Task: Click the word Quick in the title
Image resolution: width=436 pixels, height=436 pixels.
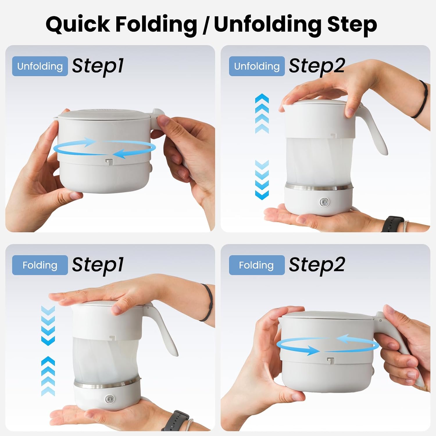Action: tap(78, 24)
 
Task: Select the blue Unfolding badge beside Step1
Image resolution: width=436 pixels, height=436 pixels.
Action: tap(40, 66)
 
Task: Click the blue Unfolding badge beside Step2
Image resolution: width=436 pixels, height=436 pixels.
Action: tap(257, 66)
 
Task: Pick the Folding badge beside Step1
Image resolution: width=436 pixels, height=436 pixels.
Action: tap(40, 265)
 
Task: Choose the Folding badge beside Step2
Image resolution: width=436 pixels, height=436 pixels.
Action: tap(257, 265)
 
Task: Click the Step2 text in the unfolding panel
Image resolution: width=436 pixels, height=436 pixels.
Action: tap(317, 67)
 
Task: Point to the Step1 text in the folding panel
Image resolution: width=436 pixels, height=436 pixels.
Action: tap(98, 265)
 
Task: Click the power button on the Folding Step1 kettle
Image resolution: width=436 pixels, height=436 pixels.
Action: tap(110, 399)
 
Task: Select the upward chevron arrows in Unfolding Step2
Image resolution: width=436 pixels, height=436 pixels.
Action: tap(262, 113)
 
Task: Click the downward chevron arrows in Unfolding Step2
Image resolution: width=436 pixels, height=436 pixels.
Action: tap(262, 180)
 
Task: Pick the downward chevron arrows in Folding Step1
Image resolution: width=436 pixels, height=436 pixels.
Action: tap(48, 326)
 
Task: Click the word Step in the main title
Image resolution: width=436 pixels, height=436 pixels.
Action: tap(352, 24)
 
